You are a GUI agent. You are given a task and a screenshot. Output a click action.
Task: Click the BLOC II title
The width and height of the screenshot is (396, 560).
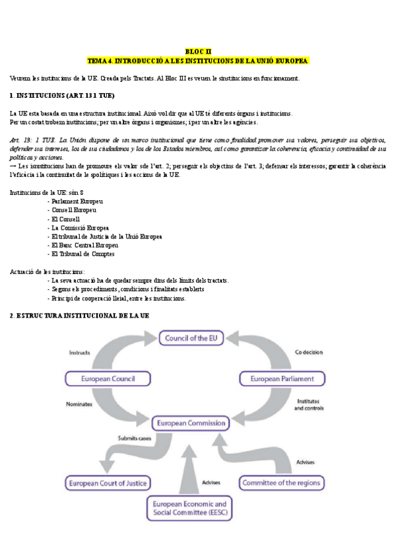pos(198,51)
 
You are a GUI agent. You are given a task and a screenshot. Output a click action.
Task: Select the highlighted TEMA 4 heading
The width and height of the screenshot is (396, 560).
pos(198,60)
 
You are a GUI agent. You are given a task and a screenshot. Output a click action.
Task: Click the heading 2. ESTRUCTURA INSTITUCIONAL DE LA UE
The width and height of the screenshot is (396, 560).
pos(80,316)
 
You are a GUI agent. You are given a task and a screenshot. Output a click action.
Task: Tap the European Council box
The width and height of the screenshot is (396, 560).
pos(108,379)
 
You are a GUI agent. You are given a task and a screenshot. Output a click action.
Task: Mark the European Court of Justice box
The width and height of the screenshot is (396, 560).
pos(108,483)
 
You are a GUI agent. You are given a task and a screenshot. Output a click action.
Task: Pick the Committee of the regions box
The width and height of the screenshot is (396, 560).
pos(281,483)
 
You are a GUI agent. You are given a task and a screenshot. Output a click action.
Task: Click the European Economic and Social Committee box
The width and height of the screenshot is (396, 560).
pos(189,507)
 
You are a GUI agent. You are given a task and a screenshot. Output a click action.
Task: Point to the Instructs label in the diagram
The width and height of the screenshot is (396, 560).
pos(79,353)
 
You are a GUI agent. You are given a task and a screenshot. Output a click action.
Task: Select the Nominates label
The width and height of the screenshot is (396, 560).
pos(80,403)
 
